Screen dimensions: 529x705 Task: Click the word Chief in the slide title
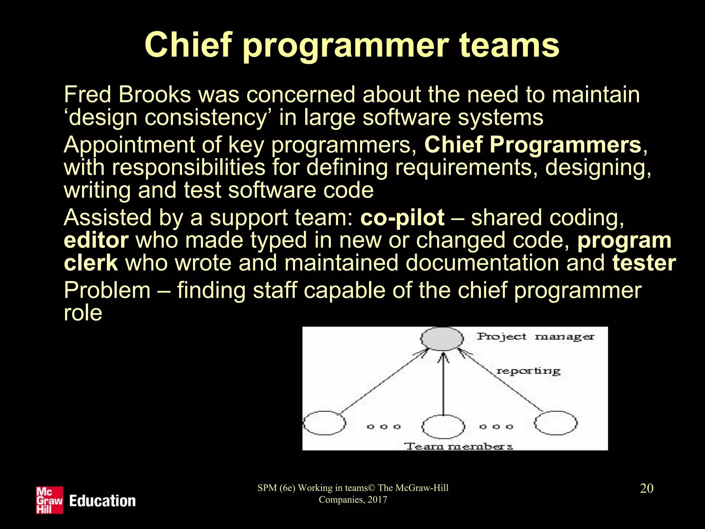pos(188,45)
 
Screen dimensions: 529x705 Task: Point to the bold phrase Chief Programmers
pos(533,145)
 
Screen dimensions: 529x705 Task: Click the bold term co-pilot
pos(402,218)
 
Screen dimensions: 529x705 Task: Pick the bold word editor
pos(96,240)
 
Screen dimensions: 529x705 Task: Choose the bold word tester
pos(644,263)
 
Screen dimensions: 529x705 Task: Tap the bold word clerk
pos(91,263)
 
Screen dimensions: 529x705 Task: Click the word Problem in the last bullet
pos(107,290)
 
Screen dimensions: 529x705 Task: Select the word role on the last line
pos(83,313)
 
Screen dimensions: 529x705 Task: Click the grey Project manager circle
pos(442,339)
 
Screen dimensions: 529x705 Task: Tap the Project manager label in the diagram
pos(535,336)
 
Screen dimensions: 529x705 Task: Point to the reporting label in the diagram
pos(528,371)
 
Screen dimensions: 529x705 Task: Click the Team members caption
pos(458,446)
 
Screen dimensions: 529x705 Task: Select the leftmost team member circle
pos(324,423)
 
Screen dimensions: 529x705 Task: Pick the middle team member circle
pos(443,426)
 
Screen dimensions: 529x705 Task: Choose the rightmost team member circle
pos(556,423)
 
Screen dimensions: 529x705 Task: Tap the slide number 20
pos(646,488)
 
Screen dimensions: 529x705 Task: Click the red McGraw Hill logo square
pos(50,500)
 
